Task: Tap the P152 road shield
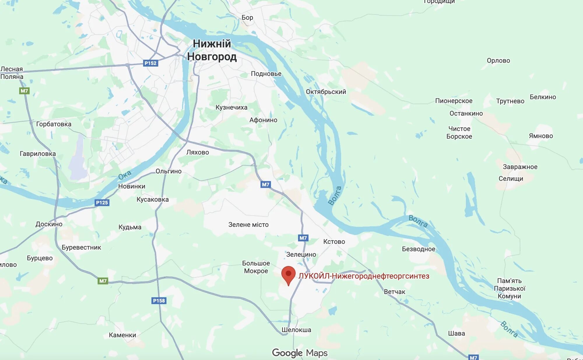(150, 63)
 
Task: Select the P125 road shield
(102, 202)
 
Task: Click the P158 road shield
(159, 301)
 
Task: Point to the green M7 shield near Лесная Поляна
(24, 91)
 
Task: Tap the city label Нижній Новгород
(212, 50)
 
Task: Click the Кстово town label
(334, 241)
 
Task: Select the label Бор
(247, 17)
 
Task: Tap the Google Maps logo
(300, 353)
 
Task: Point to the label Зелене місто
(248, 225)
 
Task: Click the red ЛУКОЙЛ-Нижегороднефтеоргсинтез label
(364, 276)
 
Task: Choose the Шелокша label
(296, 330)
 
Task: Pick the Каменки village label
(122, 335)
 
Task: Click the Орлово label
(498, 61)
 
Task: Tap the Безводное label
(418, 249)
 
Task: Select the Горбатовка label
(54, 124)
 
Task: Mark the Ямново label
(541, 136)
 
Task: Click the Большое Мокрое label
(256, 267)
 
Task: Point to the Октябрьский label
(326, 92)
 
